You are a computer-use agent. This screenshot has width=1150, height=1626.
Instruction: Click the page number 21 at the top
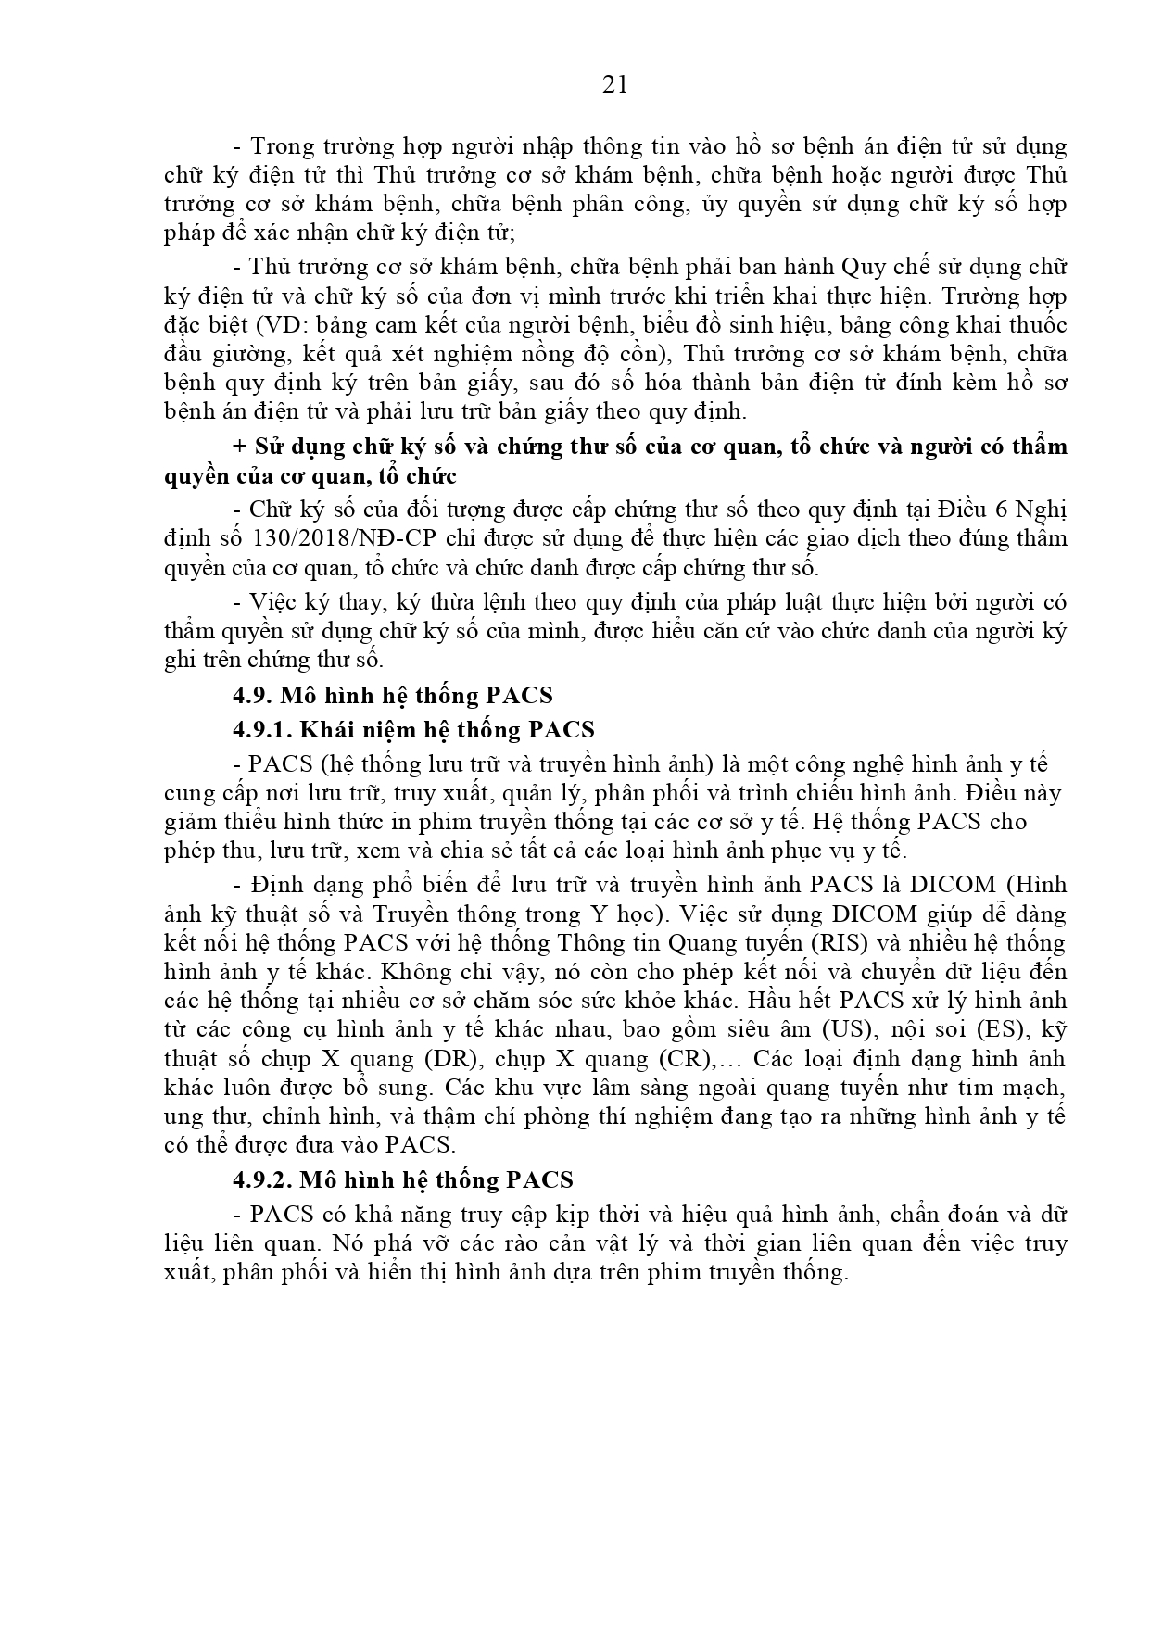[615, 84]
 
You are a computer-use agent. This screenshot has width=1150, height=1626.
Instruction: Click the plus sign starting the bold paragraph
[239, 447]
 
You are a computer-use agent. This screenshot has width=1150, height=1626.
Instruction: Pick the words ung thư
[196, 1116]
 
